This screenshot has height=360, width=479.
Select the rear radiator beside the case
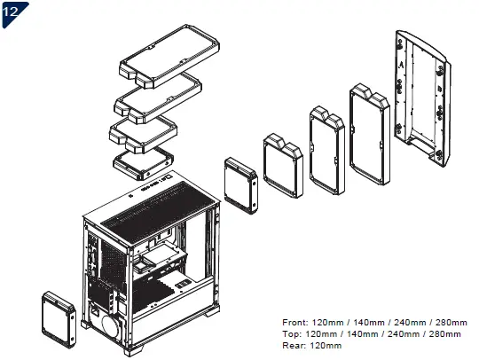pyautogui.click(x=59, y=315)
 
